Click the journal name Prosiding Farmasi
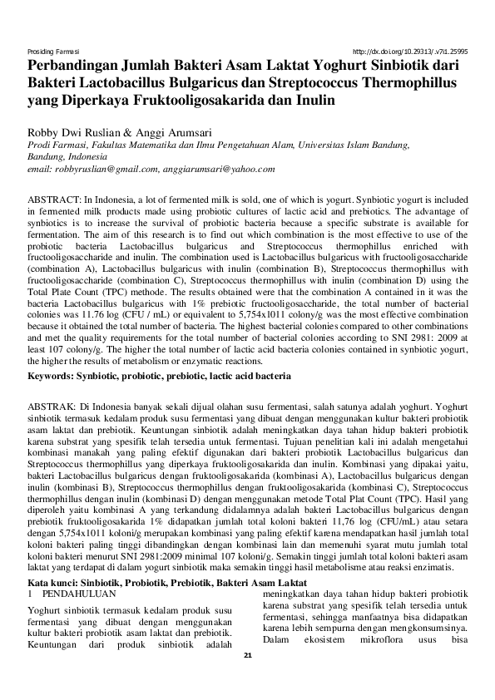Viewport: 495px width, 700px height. coord(52,50)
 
